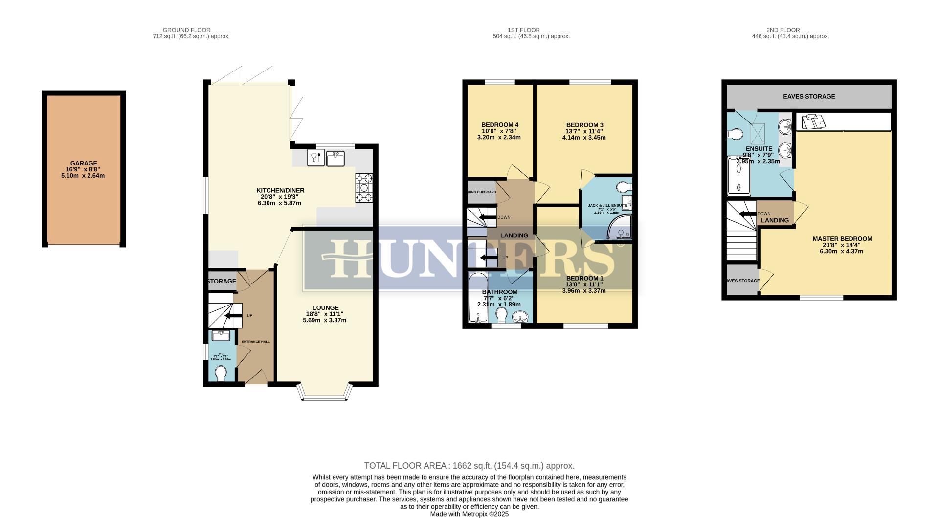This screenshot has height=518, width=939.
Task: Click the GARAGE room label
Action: [83, 164]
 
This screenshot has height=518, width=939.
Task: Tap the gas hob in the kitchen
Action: [364, 188]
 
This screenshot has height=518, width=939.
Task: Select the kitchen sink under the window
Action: [336, 158]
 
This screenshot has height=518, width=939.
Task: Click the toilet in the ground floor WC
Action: [221, 374]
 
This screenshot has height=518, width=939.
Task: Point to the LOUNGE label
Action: [325, 308]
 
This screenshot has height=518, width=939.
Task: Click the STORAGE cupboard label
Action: [222, 282]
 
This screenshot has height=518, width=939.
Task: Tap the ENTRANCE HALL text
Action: [256, 342]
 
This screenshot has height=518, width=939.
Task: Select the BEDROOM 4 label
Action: [499, 125]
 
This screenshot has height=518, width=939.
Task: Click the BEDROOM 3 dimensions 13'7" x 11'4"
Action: [584, 131]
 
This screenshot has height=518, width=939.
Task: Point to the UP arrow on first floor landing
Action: [489, 258]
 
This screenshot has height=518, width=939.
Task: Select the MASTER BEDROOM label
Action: [842, 239]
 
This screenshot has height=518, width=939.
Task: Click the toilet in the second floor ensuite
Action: [735, 134]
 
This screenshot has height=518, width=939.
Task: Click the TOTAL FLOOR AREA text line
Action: [469, 466]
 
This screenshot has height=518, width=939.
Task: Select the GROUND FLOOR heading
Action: [186, 30]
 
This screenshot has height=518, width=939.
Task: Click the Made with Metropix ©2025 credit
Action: [469, 514]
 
